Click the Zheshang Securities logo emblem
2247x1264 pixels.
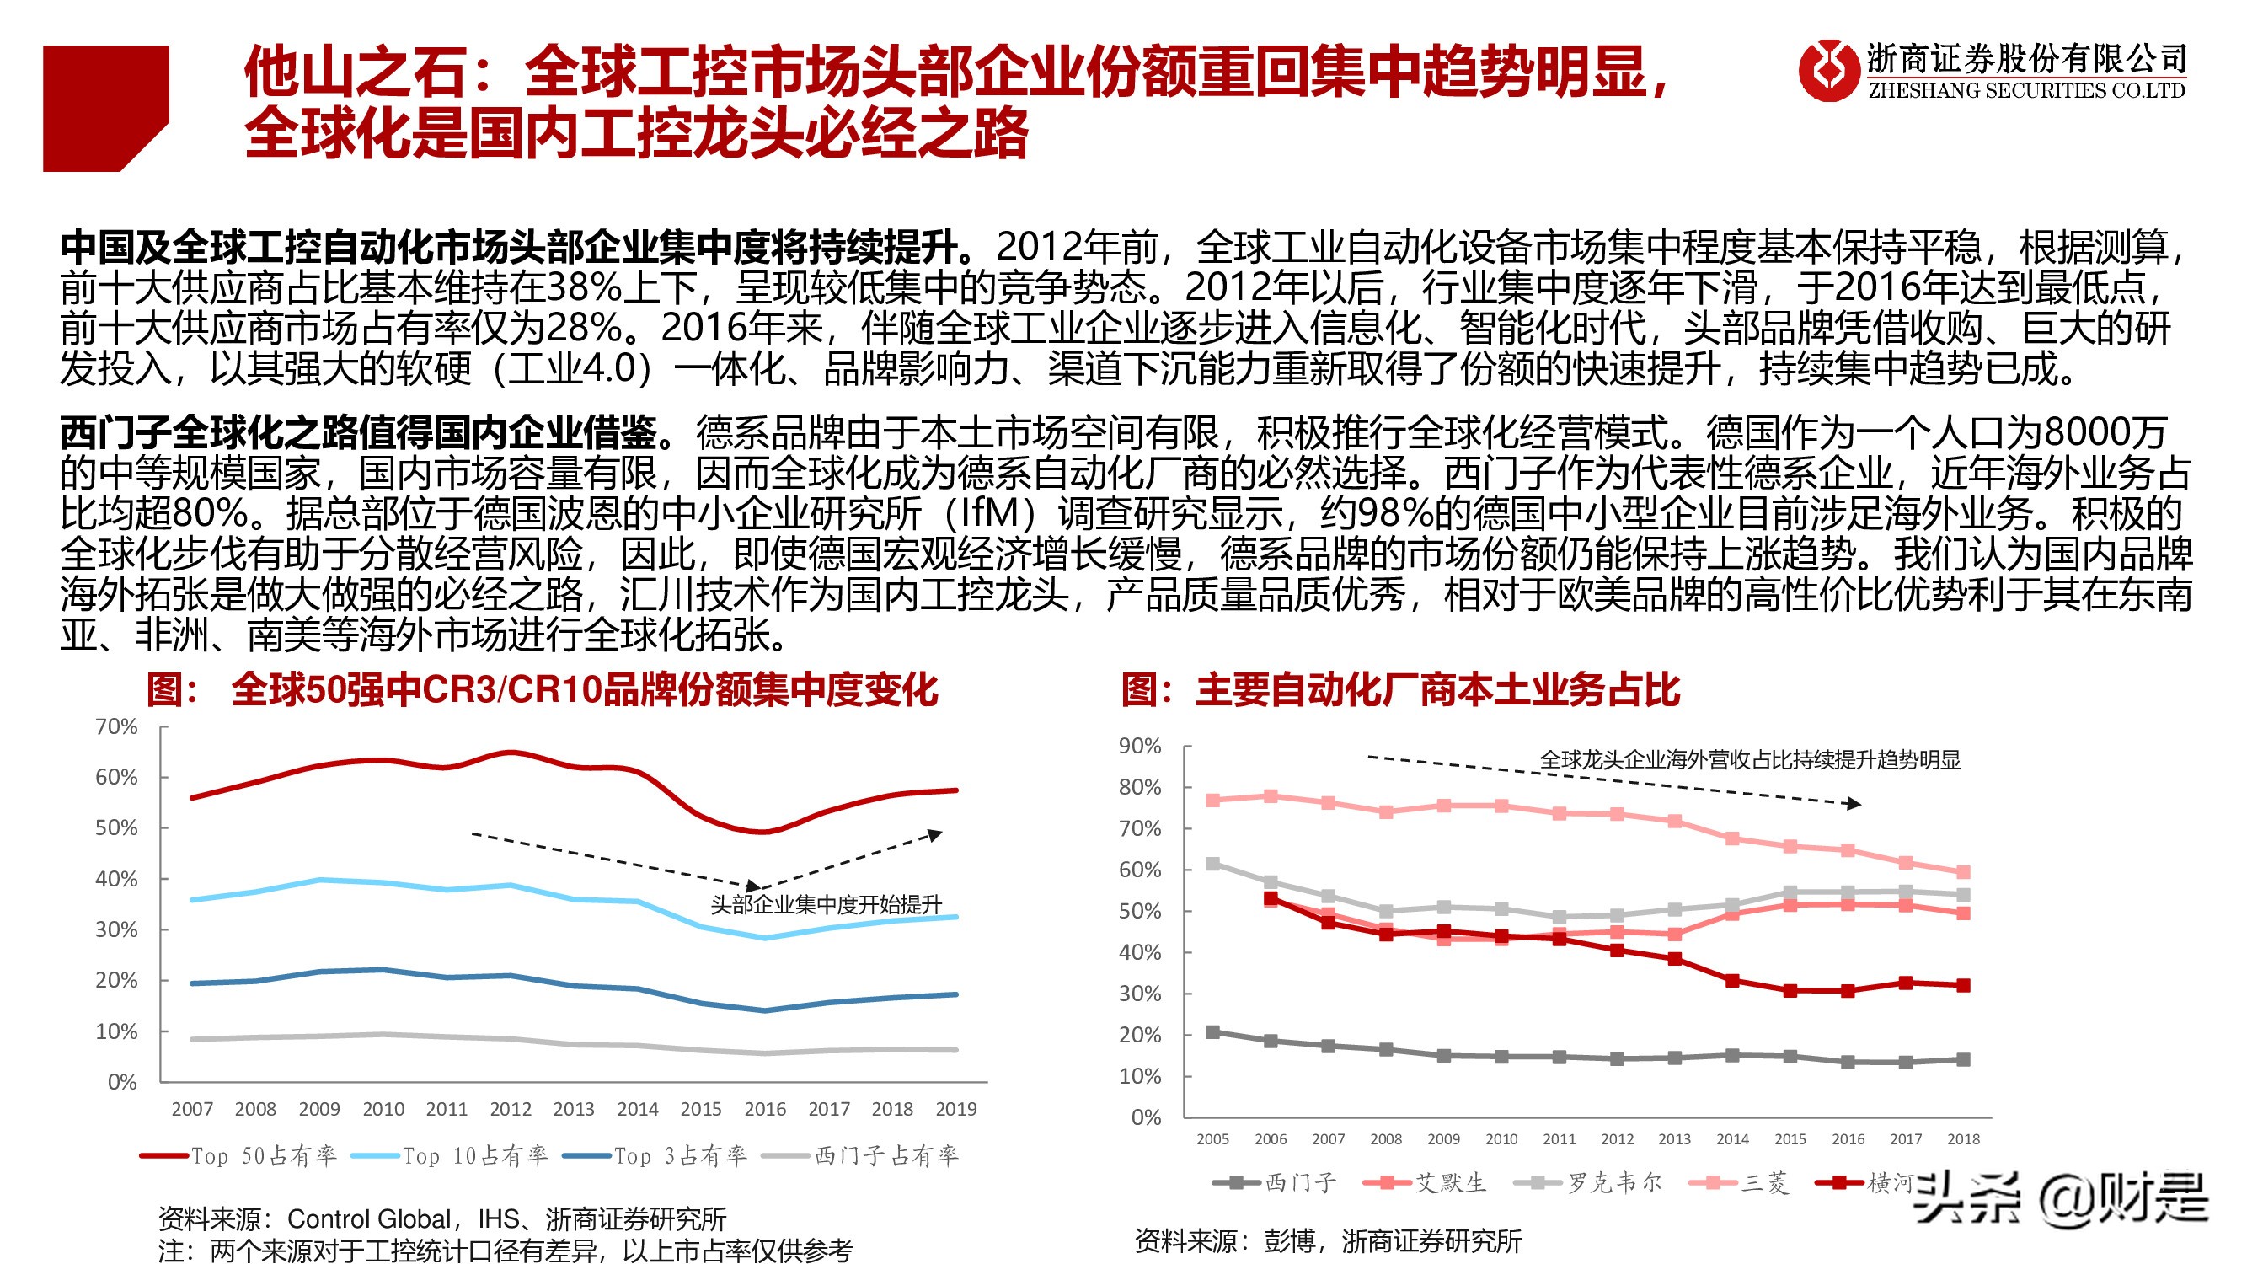pyautogui.click(x=1827, y=70)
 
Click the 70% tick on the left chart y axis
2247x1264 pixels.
pyautogui.click(x=116, y=726)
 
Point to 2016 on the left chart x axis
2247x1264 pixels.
pyautogui.click(x=765, y=1109)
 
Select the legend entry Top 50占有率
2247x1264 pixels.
pyautogui.click(x=238, y=1156)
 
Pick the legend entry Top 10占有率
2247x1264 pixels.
pyautogui.click(x=450, y=1156)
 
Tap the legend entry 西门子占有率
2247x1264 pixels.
pyautogui.click(x=861, y=1156)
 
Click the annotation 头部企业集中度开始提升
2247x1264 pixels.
pyautogui.click(x=825, y=904)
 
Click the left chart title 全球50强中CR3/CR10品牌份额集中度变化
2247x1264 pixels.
pyautogui.click(x=541, y=689)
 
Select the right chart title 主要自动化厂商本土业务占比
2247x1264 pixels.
pyautogui.click(x=1400, y=689)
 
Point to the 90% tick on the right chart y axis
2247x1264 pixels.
pyautogui.click(x=1139, y=746)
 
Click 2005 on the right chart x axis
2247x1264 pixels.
pyautogui.click(x=1212, y=1138)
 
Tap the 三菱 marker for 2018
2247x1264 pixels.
pyautogui.click(x=1964, y=872)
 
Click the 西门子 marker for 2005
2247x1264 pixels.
pyautogui.click(x=1212, y=1032)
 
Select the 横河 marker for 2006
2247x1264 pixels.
pyautogui.click(x=1271, y=898)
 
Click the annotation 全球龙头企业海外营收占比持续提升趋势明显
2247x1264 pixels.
pyautogui.click(x=1749, y=760)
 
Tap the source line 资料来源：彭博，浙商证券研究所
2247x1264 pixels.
pyautogui.click(x=1328, y=1240)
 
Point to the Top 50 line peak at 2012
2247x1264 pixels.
pyautogui.click(x=511, y=752)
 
